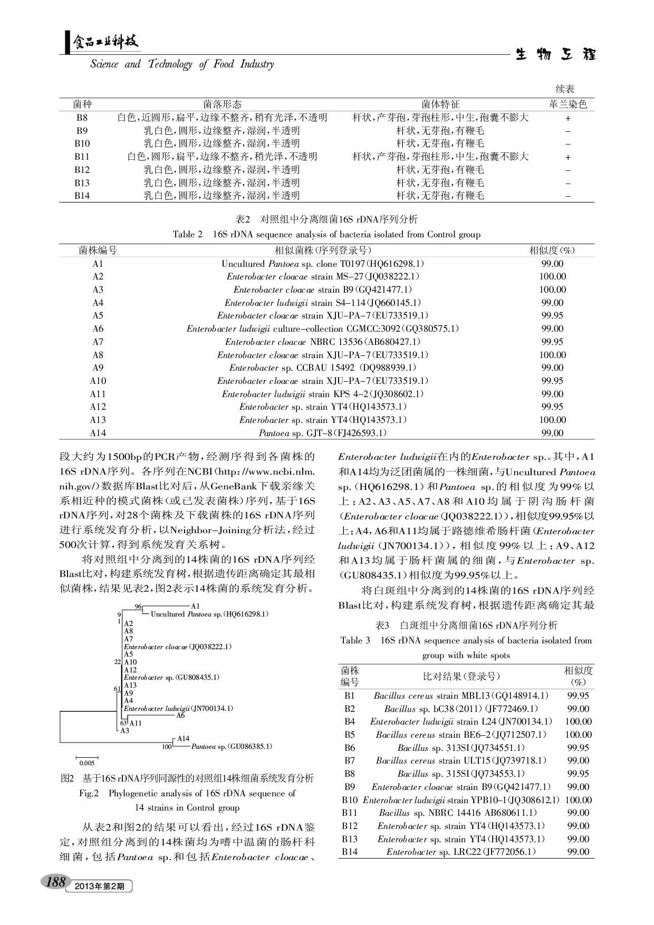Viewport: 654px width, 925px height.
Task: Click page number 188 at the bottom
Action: (x=56, y=881)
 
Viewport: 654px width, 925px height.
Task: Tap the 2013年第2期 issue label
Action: (x=99, y=886)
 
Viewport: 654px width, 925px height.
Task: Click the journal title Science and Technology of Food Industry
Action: (x=182, y=64)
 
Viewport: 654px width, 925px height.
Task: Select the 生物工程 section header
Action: (x=555, y=54)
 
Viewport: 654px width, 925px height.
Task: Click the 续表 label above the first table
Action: (x=565, y=89)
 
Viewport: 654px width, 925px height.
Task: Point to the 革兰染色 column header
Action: (x=568, y=104)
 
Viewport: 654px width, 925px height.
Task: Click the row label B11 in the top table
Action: (x=82, y=157)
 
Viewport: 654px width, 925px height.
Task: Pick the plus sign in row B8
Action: (x=568, y=118)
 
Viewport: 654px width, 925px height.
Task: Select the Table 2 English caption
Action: (x=326, y=234)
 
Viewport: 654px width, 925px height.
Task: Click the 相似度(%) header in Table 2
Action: (x=552, y=250)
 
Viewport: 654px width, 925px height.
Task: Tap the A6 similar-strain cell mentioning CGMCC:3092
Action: (x=322, y=329)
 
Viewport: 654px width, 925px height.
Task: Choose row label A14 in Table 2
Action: (x=98, y=433)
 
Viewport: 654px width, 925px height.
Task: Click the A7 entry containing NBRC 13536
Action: (x=322, y=342)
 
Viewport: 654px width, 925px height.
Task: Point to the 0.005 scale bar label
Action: (x=86, y=763)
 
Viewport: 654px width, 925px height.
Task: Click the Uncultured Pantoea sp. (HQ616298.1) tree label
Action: (x=209, y=614)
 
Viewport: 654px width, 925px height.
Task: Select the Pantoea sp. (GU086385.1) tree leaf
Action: (x=232, y=746)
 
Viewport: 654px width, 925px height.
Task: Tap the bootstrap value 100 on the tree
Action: (x=167, y=746)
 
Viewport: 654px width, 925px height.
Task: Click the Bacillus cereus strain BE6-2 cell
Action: (x=461, y=735)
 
